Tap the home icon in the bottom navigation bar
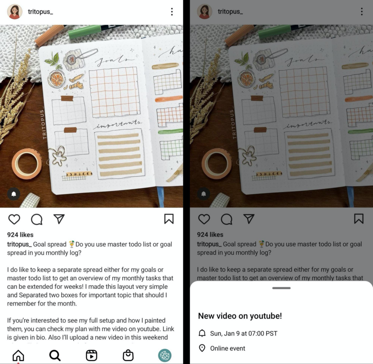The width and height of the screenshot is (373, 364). coord(18,355)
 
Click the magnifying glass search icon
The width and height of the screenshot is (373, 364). coord(55,355)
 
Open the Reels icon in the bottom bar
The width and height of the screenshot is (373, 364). coord(91,355)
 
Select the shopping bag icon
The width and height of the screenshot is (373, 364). coord(128,355)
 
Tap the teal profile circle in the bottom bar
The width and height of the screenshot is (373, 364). coord(165,355)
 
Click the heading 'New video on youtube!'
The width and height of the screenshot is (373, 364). coord(240,316)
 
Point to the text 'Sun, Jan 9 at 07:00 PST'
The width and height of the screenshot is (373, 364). coord(244,333)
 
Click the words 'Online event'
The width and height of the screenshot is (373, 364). coord(228,348)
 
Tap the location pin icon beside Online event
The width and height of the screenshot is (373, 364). coord(202,348)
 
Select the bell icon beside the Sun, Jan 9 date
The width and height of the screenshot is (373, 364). coord(202,333)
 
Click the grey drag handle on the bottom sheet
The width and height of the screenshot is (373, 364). coord(281,288)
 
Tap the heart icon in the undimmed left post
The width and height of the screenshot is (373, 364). coord(14,219)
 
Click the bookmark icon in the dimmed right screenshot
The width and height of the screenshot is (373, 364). coord(359,219)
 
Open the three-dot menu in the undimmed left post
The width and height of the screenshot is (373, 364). coord(172,12)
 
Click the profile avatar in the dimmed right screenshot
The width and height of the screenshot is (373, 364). coord(205,12)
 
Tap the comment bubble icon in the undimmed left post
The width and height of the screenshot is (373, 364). coord(37,219)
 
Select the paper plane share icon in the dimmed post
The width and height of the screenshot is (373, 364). coord(249,219)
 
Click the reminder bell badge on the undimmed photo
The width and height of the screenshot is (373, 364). coord(14,194)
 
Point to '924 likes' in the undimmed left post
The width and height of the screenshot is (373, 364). coord(20,235)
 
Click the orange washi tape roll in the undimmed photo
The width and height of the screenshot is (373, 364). coord(27,164)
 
